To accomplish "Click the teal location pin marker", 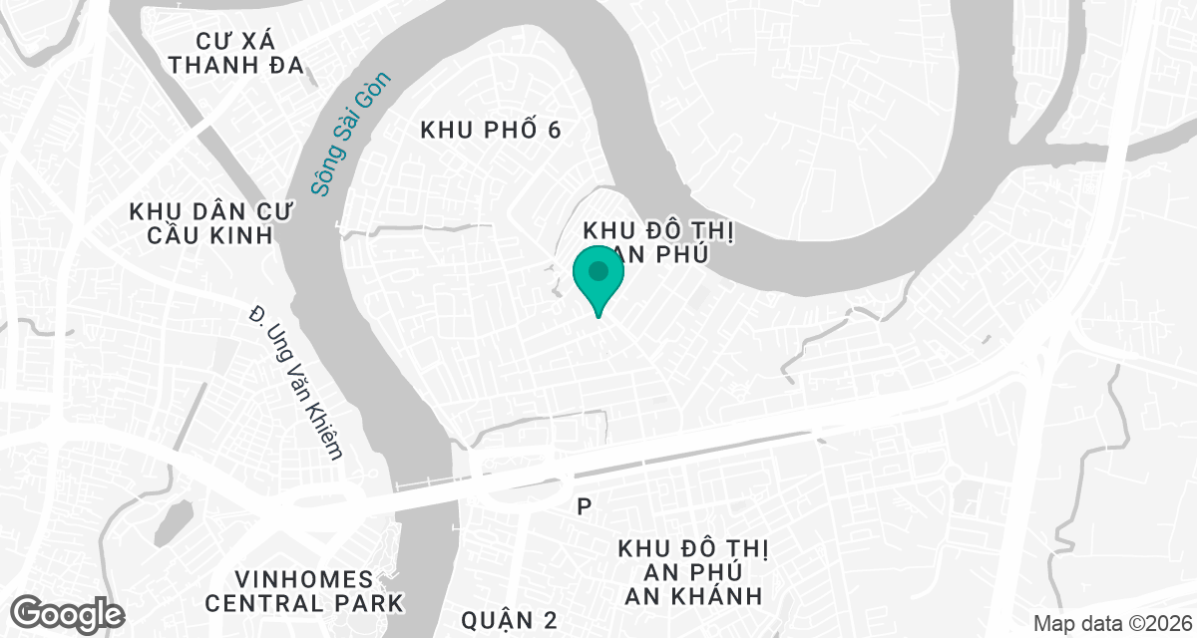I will [598, 279].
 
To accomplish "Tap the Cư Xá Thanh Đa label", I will [236, 53].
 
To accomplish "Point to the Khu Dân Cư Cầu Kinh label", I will [201, 223].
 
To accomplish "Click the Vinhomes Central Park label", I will [303, 590].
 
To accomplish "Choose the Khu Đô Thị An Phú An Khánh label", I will [689, 572].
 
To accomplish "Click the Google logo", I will [68, 613].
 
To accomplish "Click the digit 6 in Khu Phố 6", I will [555, 130].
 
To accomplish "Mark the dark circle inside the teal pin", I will [598, 270].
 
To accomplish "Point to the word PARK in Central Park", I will [368, 603].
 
